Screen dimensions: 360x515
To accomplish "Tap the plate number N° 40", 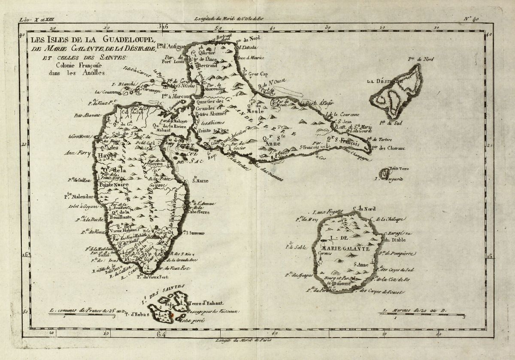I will click(x=472, y=18).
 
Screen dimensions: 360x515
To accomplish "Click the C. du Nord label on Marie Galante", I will click(x=364, y=209).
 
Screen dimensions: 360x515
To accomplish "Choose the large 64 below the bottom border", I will click(x=161, y=334).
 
